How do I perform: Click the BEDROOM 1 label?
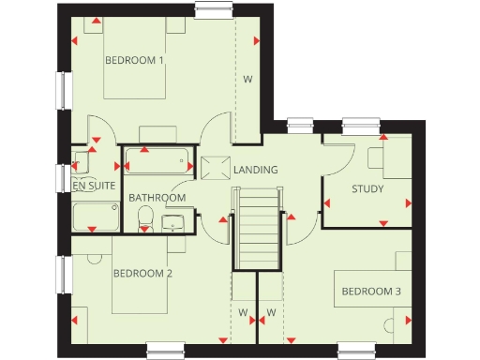[x=134, y=60]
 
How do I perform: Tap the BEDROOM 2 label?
[x=142, y=274]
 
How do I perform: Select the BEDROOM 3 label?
[x=370, y=292]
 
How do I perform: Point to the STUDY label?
[x=367, y=188]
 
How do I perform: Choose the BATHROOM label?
[x=157, y=198]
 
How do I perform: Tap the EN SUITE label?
[x=94, y=186]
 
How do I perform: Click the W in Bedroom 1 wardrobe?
[x=248, y=79]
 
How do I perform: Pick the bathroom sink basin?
[x=173, y=223]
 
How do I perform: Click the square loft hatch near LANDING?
[x=214, y=168]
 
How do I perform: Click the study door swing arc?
[x=336, y=152]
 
